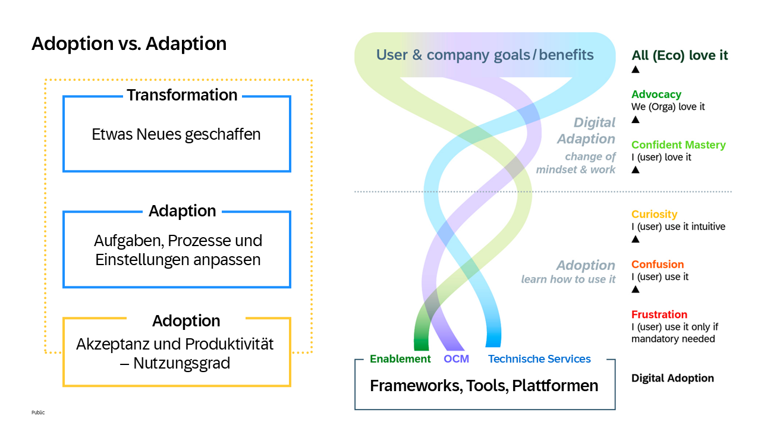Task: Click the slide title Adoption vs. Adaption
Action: point(129,44)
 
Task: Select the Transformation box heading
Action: point(182,95)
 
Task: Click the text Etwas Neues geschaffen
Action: point(176,134)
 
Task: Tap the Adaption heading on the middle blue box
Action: point(182,211)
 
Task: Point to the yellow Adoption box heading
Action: point(186,321)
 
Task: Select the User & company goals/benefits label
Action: point(485,55)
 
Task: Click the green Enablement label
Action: point(400,359)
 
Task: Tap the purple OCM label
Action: point(456,359)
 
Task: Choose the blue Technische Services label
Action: point(539,359)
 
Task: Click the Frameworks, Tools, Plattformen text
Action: point(484,386)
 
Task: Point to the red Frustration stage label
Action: point(659,314)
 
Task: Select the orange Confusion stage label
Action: point(658,265)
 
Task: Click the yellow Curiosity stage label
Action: point(654,215)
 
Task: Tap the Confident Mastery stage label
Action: point(678,145)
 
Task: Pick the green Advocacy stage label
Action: point(656,95)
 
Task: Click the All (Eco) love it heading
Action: point(680,56)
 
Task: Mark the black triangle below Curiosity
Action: point(635,239)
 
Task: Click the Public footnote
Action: point(38,413)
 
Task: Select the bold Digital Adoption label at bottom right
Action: point(672,378)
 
